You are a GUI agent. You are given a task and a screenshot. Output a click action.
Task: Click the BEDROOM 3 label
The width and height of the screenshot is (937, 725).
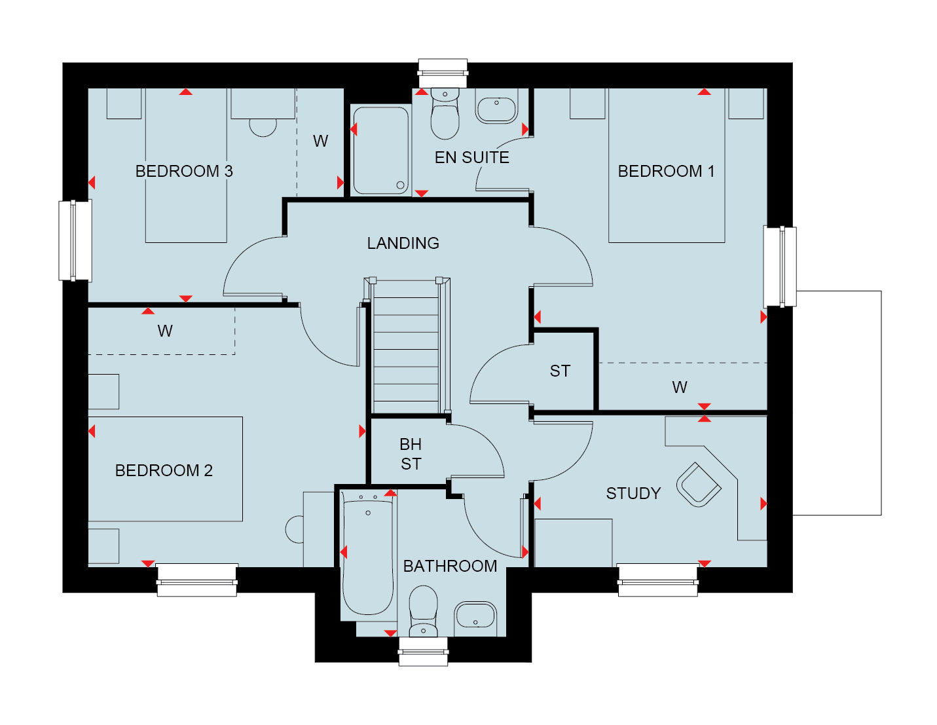tap(184, 171)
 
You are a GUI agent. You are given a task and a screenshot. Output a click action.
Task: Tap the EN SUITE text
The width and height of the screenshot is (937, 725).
tap(471, 157)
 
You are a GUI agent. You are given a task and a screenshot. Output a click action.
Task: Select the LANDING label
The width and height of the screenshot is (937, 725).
tap(403, 243)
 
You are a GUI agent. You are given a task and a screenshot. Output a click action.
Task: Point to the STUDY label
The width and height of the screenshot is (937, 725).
tap(633, 493)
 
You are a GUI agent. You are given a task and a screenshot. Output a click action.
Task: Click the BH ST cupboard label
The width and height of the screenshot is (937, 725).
tap(411, 454)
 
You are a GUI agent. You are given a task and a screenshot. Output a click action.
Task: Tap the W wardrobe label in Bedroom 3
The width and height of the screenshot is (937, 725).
tap(320, 141)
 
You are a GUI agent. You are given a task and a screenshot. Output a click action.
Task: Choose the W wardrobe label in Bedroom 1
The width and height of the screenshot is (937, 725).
tap(679, 387)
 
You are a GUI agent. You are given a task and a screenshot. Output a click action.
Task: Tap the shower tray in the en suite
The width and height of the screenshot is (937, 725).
tap(380, 151)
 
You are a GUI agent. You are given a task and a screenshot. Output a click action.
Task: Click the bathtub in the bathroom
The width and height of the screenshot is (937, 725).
tap(368, 556)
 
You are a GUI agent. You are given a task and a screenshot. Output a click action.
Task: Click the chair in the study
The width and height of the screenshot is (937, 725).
tap(699, 485)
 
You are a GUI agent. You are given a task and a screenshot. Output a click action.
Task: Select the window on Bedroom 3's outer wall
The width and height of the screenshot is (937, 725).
tap(75, 240)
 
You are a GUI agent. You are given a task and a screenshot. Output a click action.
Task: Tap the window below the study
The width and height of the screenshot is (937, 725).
tap(657, 580)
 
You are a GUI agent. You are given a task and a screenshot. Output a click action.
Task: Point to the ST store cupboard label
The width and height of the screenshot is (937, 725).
tap(560, 371)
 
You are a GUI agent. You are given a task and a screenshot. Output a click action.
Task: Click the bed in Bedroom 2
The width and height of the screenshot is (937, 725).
tap(165, 469)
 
